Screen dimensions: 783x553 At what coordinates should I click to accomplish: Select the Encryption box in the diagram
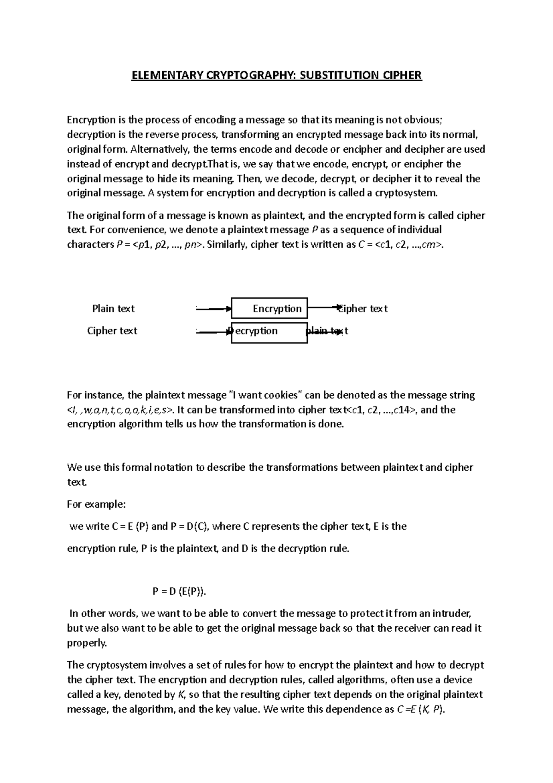click(x=270, y=308)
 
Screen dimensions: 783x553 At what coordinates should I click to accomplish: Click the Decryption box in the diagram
click(x=270, y=332)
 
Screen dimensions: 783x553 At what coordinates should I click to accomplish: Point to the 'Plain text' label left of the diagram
click(x=113, y=308)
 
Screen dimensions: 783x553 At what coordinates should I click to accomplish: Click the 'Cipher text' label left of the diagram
click(x=112, y=331)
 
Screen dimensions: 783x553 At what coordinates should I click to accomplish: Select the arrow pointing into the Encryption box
click(x=213, y=309)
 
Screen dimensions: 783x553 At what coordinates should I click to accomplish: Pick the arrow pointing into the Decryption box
click(x=213, y=332)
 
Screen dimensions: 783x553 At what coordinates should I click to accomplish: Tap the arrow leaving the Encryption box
click(x=324, y=306)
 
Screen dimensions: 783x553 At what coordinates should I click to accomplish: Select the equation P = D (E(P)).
click(x=180, y=591)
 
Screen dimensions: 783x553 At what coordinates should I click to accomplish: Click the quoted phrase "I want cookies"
click(x=265, y=395)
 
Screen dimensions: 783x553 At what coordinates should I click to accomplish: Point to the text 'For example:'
click(x=96, y=504)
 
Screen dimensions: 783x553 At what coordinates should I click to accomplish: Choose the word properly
click(x=87, y=643)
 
